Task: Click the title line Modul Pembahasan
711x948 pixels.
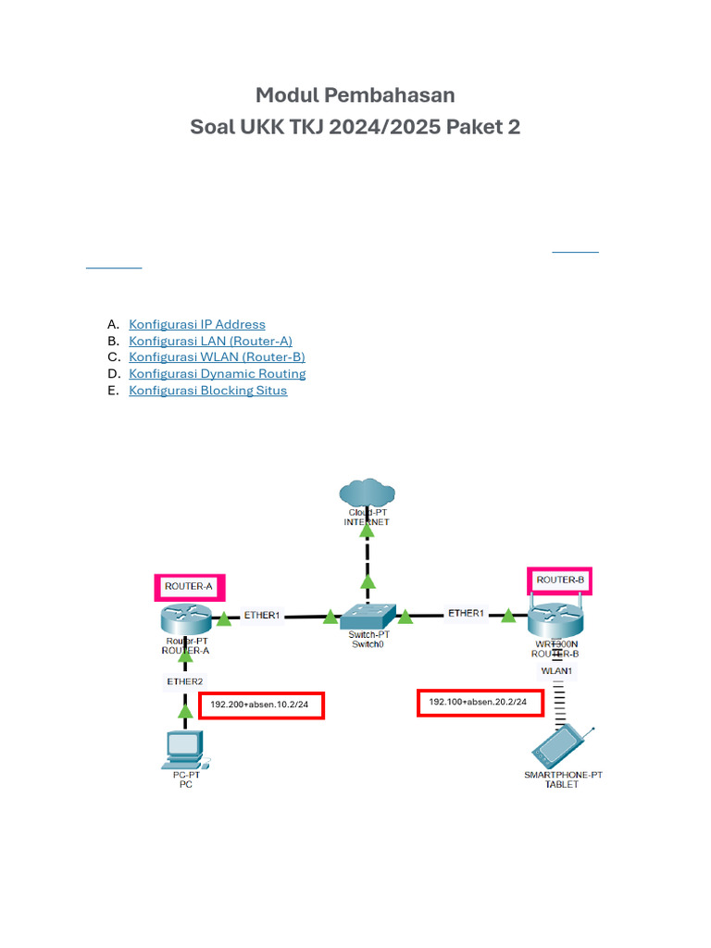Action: pos(355,95)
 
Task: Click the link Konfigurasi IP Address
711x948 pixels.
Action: pos(197,324)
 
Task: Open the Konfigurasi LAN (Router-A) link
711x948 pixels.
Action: pos(210,341)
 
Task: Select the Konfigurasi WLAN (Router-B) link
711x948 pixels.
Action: pos(217,357)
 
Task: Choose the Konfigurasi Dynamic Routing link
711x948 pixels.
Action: pos(217,374)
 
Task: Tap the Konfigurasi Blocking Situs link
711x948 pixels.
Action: pos(207,391)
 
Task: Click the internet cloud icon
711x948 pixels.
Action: pos(367,493)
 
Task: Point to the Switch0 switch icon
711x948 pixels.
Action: pos(367,615)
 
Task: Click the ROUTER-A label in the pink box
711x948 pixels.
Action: pos(189,587)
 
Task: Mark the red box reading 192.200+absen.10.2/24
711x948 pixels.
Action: pos(261,705)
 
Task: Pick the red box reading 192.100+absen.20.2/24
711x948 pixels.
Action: pos(479,703)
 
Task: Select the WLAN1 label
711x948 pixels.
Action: pos(557,670)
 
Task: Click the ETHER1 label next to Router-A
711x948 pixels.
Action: pos(261,615)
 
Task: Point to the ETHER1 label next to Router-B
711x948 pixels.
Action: pos(466,613)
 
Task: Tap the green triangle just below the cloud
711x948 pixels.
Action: pos(368,581)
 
